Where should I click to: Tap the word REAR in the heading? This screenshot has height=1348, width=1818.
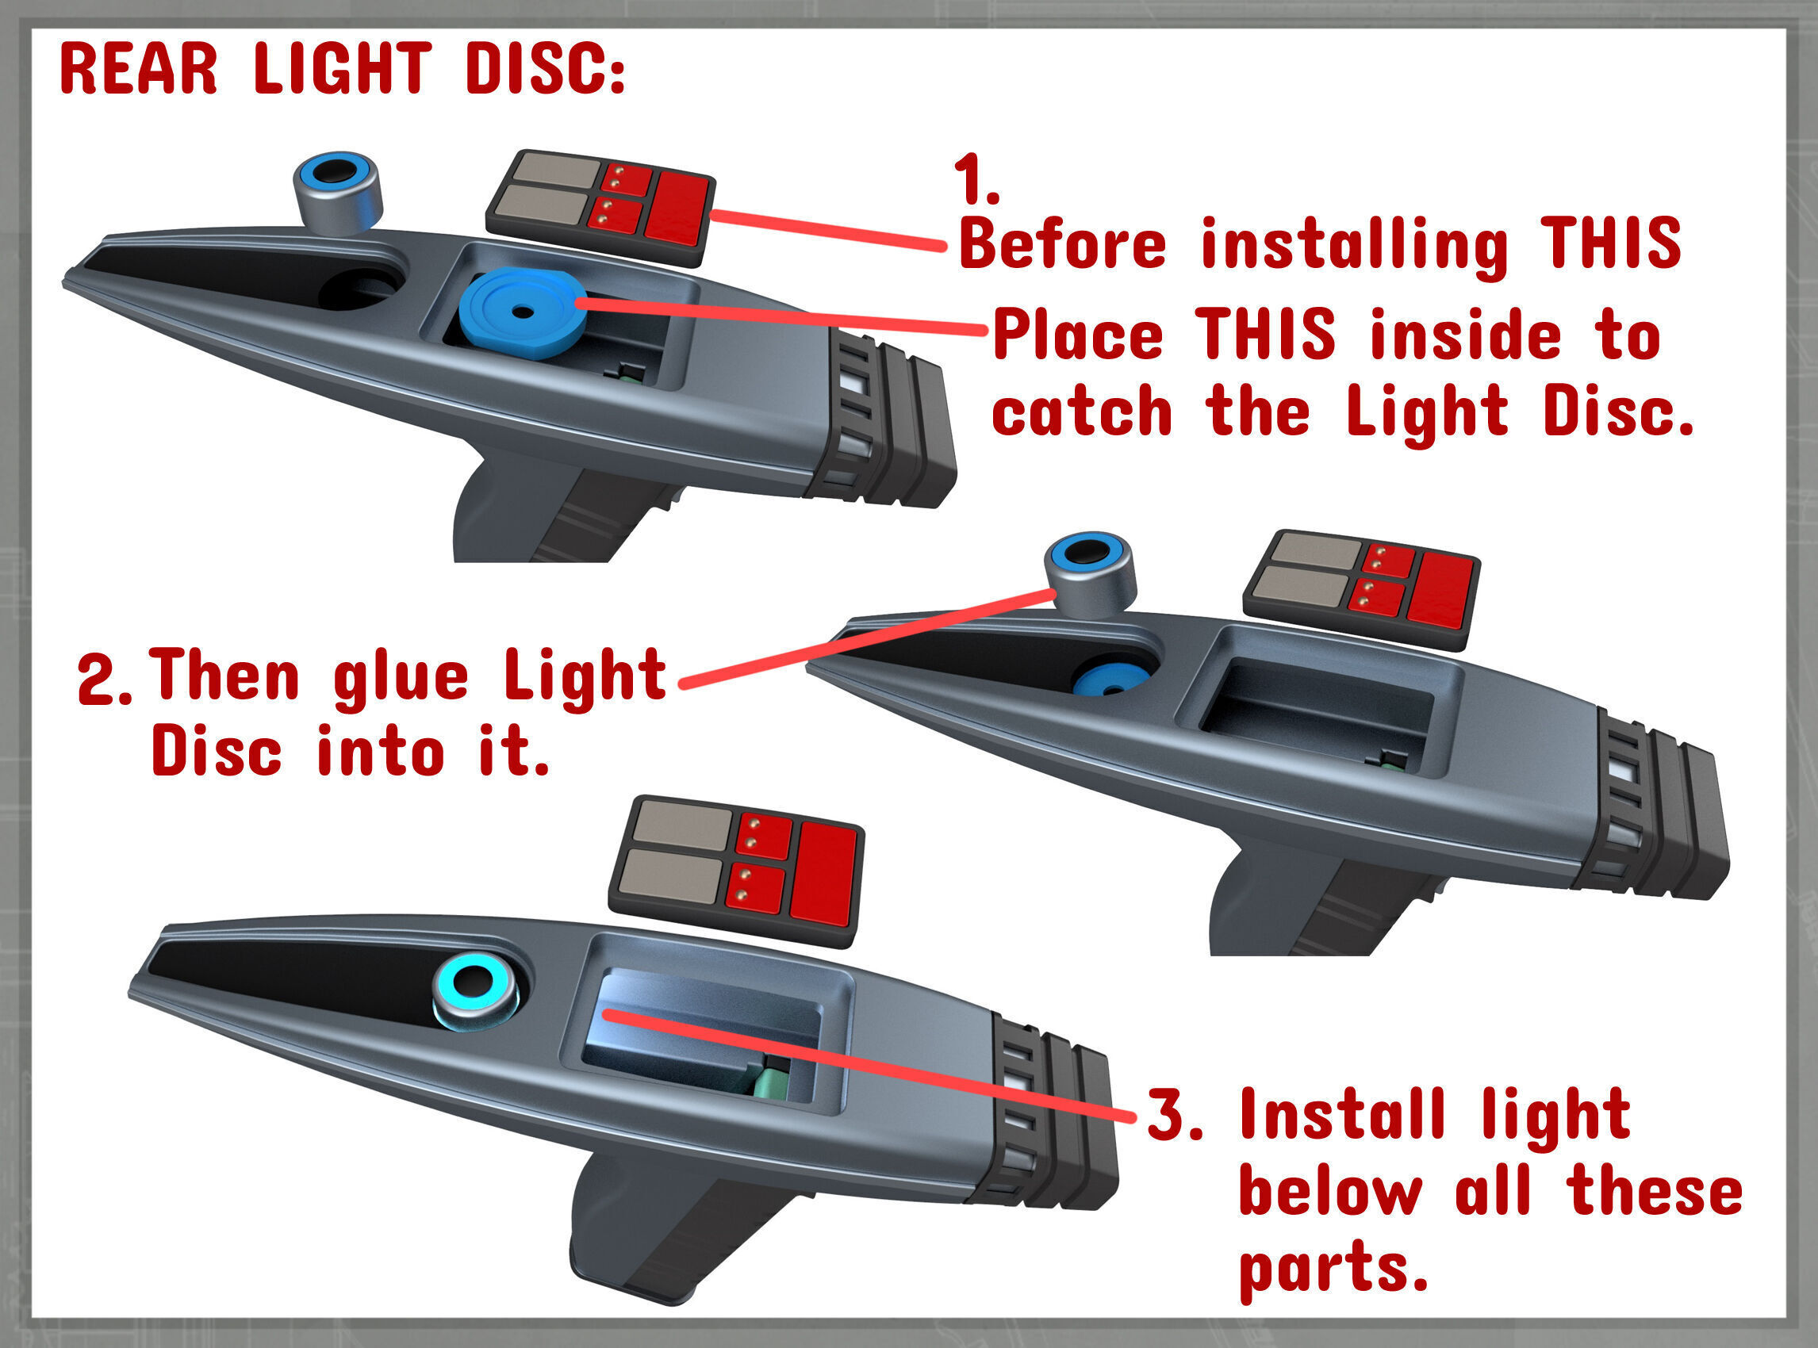coord(139,68)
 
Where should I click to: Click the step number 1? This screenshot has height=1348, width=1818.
coord(976,181)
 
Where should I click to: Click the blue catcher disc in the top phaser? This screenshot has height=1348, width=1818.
coord(522,314)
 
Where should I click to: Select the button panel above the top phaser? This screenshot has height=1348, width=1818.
coord(600,207)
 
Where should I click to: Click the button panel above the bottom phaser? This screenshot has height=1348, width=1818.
coord(736,871)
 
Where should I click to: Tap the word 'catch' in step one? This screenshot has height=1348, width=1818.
coord(1082,412)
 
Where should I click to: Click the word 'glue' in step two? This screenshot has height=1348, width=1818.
coord(401,679)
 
